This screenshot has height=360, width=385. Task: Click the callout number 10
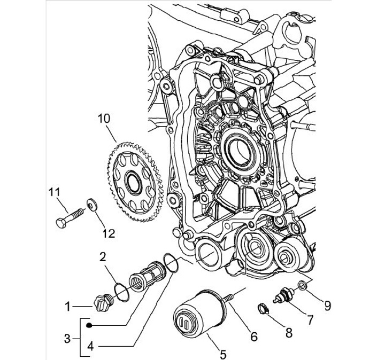pos(103,118)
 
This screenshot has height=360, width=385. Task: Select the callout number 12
pos(109,232)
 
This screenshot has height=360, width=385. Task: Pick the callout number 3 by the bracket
pos(67,338)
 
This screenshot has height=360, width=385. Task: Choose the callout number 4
pos(91,346)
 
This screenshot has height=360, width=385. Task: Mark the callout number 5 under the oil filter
pos(222,354)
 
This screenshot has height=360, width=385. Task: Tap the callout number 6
pos(253,336)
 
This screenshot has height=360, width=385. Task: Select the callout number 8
pos(288,334)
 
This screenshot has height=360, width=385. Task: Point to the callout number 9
pos(327,306)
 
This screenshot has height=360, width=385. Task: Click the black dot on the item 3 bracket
pos(91,324)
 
